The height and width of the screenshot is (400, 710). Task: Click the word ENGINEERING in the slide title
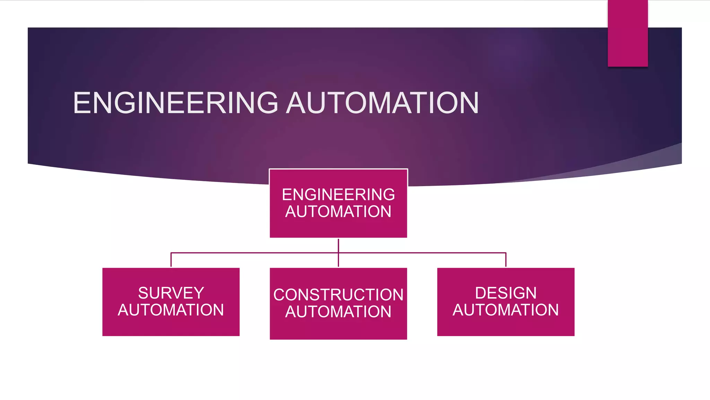[175, 103]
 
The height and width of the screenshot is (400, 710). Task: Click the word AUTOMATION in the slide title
[382, 103]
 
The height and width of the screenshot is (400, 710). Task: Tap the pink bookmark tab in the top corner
[627, 33]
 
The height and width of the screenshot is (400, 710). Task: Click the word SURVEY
[171, 293]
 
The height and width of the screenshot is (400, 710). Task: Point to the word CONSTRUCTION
[338, 295]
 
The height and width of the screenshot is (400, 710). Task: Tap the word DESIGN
[505, 293]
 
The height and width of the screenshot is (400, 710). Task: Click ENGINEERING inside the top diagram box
[338, 194]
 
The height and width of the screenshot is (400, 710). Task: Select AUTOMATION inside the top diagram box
[338, 211]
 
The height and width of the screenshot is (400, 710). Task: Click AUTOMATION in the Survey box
[171, 310]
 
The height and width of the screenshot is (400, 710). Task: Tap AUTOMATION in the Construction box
[338, 311]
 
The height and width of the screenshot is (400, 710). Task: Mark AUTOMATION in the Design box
[505, 310]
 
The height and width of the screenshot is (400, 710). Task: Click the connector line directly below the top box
[338, 245]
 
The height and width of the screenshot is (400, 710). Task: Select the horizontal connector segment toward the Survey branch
[253, 253]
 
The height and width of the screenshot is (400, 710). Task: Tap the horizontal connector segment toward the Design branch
[423, 253]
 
